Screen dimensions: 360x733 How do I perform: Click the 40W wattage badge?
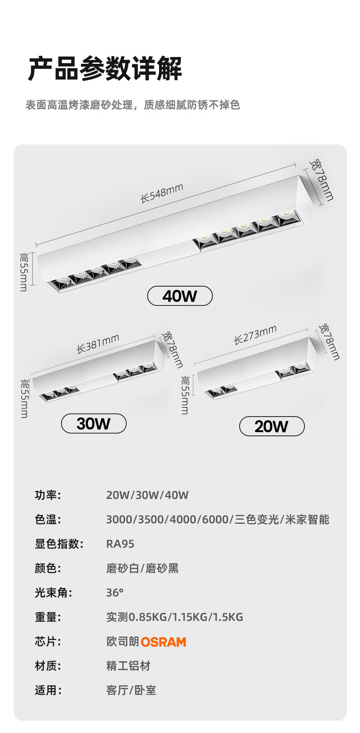click(180, 296)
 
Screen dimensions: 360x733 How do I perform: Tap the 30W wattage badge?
click(93, 423)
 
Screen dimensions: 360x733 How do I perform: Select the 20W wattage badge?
click(272, 426)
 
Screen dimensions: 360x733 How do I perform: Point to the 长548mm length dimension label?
click(162, 193)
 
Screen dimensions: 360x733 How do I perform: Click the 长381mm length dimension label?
click(98, 344)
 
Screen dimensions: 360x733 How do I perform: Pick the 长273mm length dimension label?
click(255, 335)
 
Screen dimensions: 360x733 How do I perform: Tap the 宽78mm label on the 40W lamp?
click(321, 180)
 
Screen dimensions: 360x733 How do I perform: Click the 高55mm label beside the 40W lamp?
click(24, 272)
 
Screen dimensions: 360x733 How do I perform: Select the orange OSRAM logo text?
click(163, 642)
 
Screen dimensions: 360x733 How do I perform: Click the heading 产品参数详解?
click(105, 69)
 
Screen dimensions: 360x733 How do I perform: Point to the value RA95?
click(120, 544)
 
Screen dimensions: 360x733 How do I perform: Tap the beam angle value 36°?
click(114, 593)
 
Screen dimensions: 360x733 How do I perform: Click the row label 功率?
click(48, 495)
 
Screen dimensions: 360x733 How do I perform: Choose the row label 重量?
click(48, 617)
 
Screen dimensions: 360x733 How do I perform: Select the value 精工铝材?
click(129, 666)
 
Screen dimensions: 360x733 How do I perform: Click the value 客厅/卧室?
click(131, 691)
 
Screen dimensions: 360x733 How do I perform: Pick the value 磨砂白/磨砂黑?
click(142, 568)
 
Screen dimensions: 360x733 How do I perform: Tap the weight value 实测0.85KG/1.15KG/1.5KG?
click(175, 617)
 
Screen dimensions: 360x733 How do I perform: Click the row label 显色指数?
click(59, 544)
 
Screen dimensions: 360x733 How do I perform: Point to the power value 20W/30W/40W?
click(147, 495)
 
